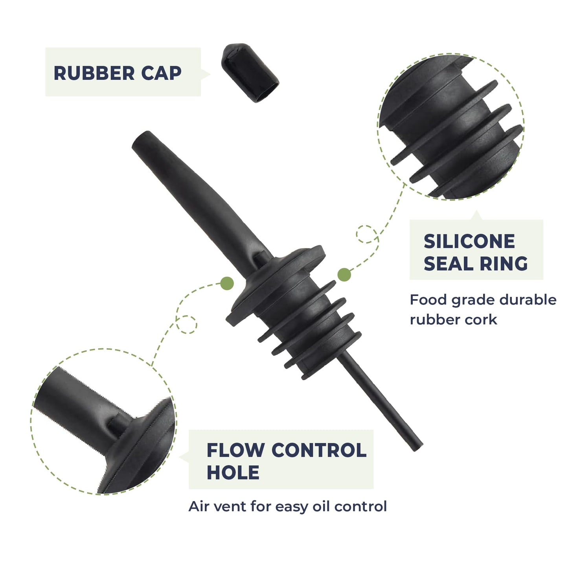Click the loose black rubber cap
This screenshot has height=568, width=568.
pyautogui.click(x=250, y=73)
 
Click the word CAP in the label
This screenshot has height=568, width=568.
pyautogui.click(x=161, y=73)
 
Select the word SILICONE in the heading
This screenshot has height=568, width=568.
pyautogui.click(x=469, y=241)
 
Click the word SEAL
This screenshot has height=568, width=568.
pyautogui.click(x=449, y=263)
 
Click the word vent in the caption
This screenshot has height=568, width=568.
pyautogui.click(x=230, y=507)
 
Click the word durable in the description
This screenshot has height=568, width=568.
pyautogui.click(x=528, y=300)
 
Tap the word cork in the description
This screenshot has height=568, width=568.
pyautogui.click(x=483, y=320)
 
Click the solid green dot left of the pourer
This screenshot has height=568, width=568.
pyautogui.click(x=227, y=283)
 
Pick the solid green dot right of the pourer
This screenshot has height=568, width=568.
pyautogui.click(x=344, y=275)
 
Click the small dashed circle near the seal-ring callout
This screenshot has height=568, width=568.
pyautogui.click(x=367, y=234)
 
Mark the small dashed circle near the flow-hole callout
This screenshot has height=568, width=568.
pyautogui.click(x=186, y=325)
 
